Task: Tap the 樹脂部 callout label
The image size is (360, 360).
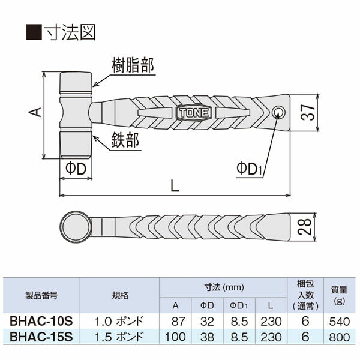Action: [133, 65]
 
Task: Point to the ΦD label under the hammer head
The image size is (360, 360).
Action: [76, 169]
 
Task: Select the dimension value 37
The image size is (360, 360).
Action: [307, 112]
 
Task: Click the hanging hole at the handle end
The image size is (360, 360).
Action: [278, 112]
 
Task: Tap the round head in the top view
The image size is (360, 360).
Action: [76, 226]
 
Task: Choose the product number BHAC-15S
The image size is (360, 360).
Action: [41, 337]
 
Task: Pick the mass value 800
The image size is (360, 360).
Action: [340, 337]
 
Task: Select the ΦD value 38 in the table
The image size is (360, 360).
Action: [206, 337]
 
